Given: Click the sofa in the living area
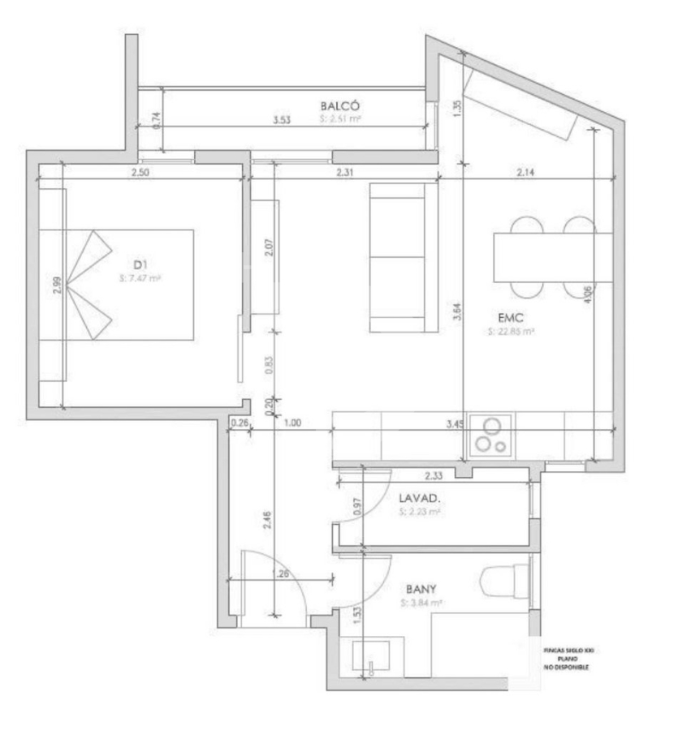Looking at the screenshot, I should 397,256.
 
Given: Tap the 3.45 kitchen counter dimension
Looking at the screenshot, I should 454,423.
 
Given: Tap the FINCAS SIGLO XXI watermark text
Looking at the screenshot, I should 568,650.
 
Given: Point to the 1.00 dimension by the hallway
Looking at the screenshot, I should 293,423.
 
